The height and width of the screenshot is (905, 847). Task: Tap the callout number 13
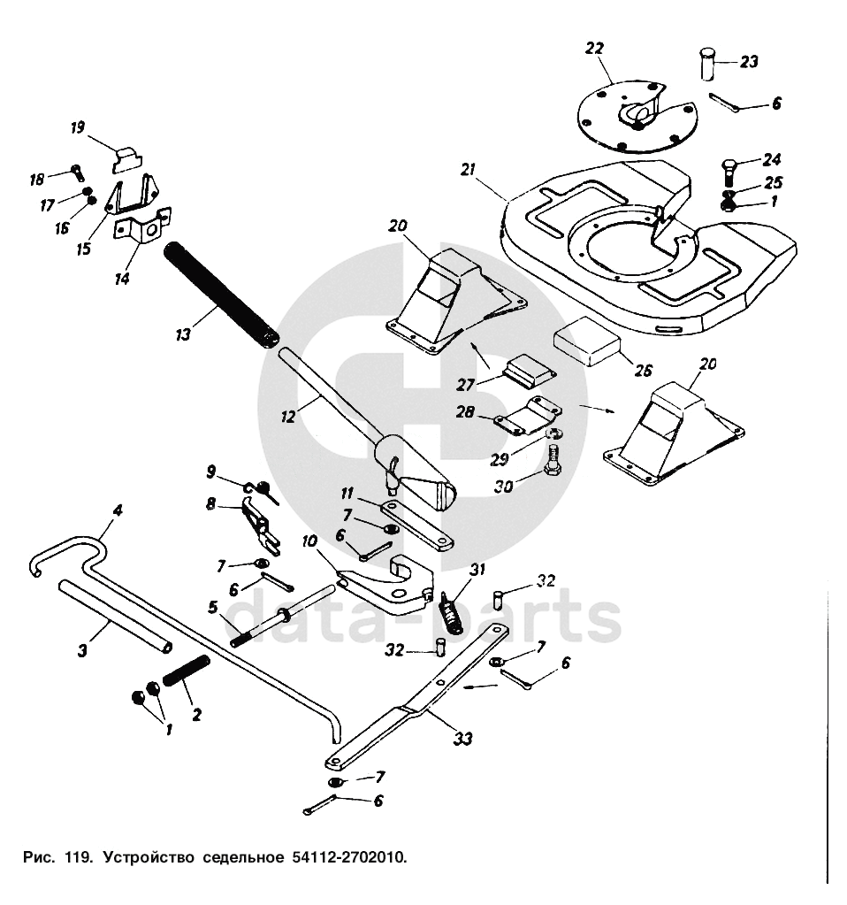pyautogui.click(x=183, y=334)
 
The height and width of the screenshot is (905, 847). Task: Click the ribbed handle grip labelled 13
pyautogui.click(x=221, y=297)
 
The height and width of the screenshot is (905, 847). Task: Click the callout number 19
pyautogui.click(x=78, y=127)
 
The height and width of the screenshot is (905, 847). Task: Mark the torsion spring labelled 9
pyautogui.click(x=262, y=488)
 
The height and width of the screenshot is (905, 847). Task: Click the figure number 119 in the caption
pyautogui.click(x=77, y=857)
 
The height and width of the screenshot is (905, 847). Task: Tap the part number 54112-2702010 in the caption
pyautogui.click(x=346, y=857)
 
